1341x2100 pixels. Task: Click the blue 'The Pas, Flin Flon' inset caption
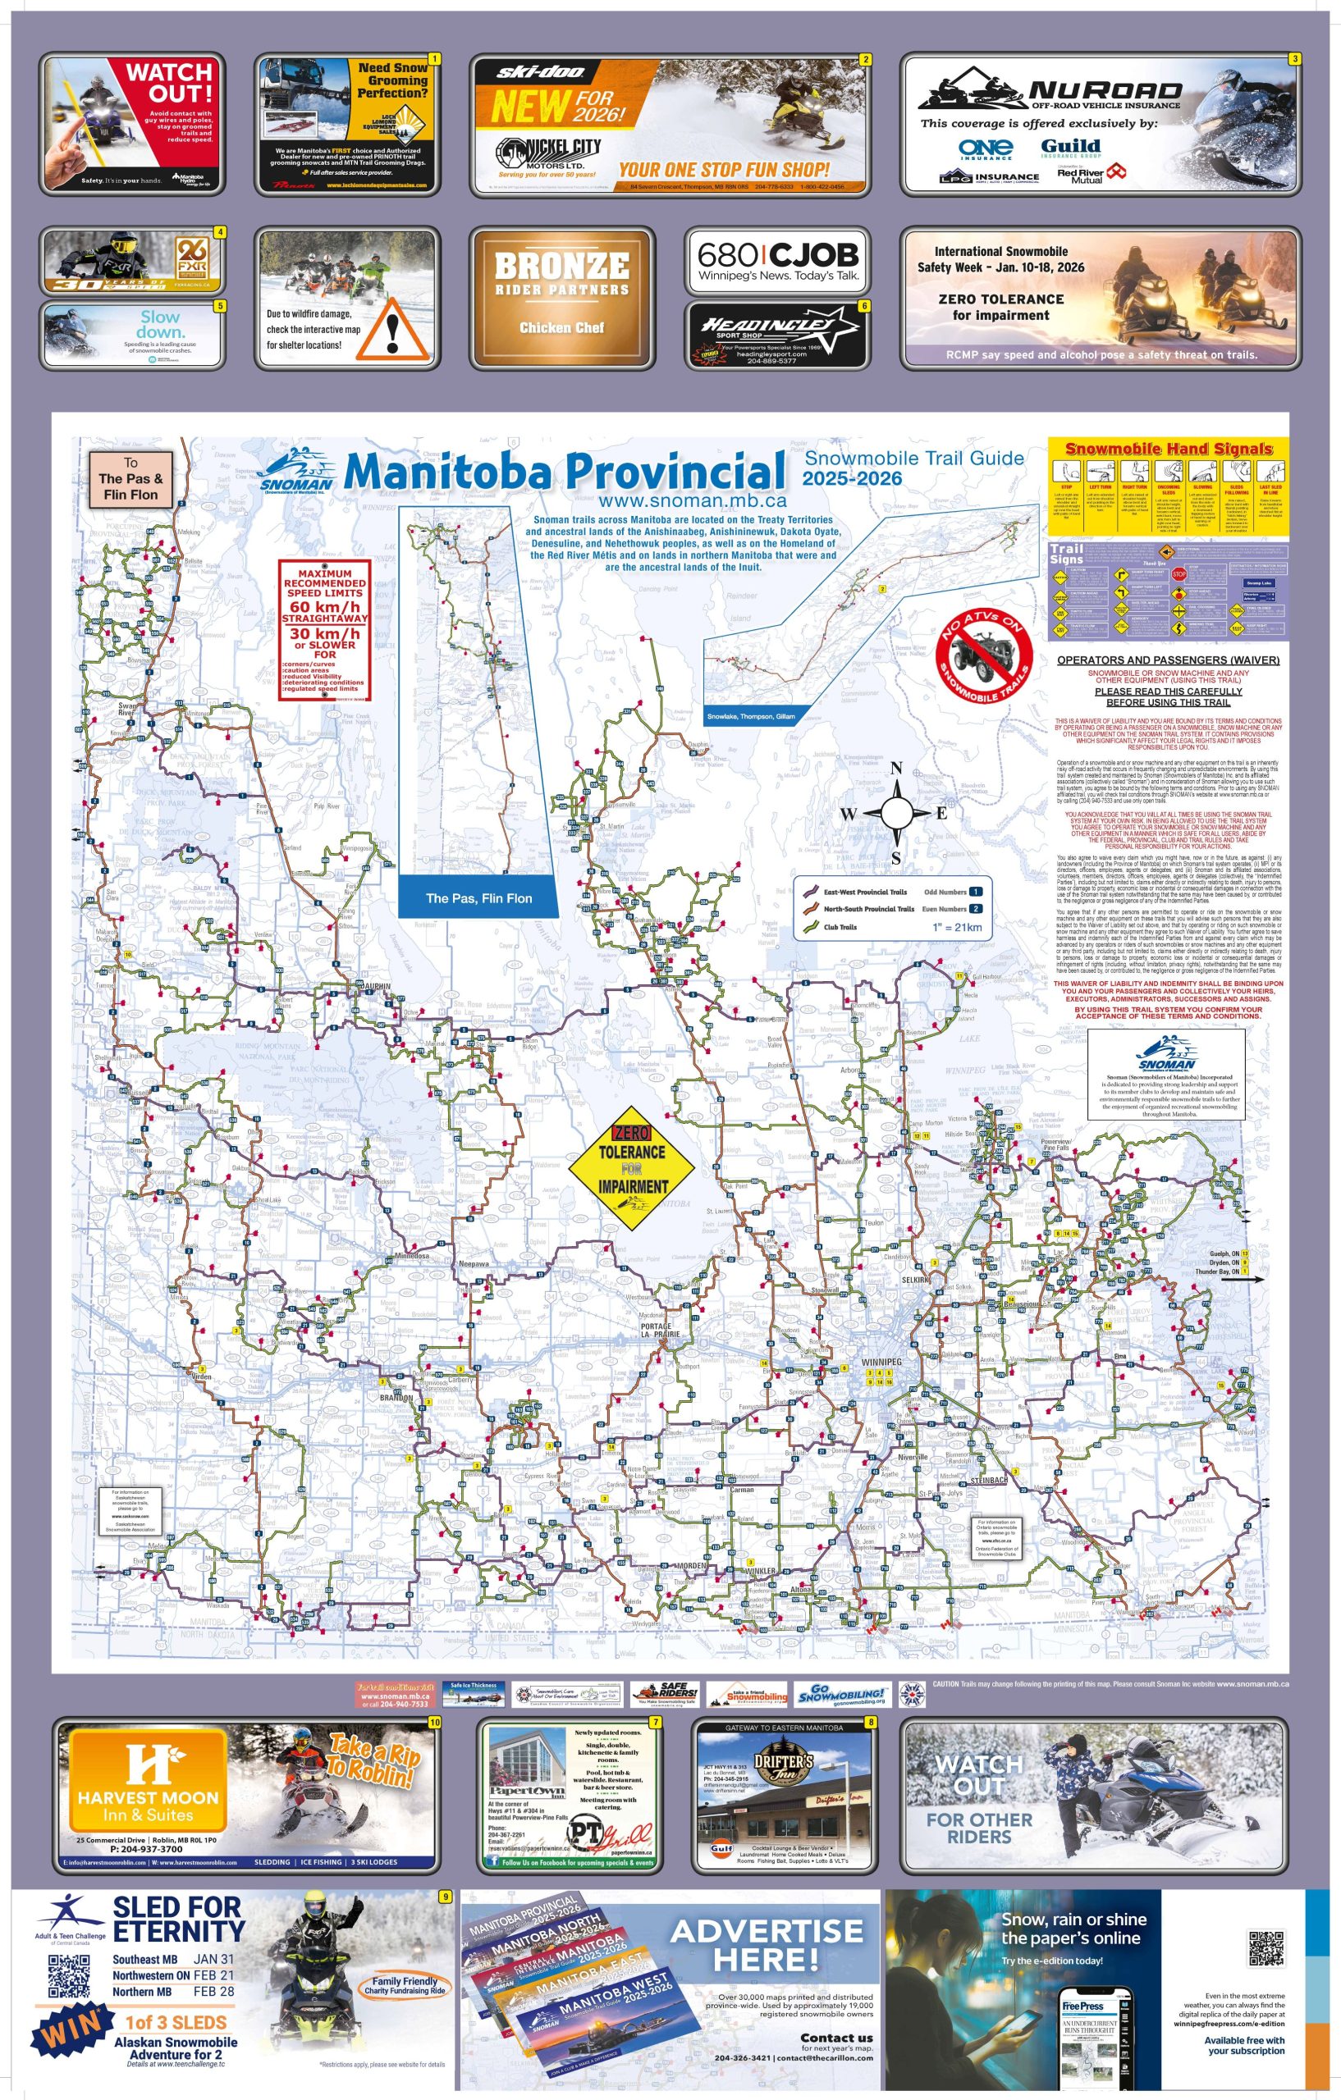(478, 897)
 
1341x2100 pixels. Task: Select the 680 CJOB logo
(777, 261)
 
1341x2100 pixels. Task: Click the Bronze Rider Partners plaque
(561, 295)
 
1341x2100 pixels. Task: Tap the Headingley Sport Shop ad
(777, 335)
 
